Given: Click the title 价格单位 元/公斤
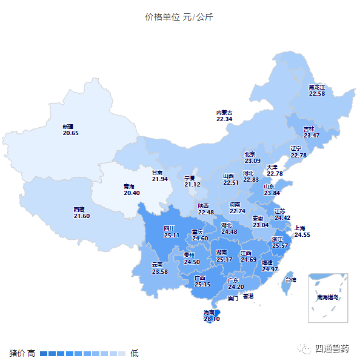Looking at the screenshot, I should [179, 17].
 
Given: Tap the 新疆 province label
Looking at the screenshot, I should [68, 127].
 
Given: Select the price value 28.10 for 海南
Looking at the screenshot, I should [212, 319].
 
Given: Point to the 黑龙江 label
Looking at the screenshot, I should [317, 87].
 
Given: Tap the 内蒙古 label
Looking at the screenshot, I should [224, 113].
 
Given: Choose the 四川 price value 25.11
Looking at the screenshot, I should [172, 235].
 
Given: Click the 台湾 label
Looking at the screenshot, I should [290, 280].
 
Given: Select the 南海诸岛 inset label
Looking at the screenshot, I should [328, 297].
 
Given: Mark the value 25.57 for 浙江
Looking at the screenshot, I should [280, 246].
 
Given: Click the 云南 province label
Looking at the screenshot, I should [158, 265].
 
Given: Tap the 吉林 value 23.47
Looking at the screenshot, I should [311, 135].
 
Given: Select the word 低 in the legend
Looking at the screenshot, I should [135, 352].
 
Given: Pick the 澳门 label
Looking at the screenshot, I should [233, 299].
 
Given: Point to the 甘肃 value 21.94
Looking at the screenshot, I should [160, 179].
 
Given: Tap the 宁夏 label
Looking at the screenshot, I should [190, 178].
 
